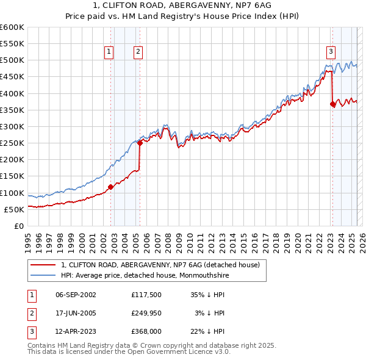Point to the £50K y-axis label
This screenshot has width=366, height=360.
coord(14,209)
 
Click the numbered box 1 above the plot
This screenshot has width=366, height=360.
coord(109,52)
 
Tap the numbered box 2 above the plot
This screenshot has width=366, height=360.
coord(138,52)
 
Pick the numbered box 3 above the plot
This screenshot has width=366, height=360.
coord(331,52)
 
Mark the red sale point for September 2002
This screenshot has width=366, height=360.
coord(111,187)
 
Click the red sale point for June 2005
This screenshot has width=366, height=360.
coord(140,143)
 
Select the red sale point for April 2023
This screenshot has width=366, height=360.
coord(332,104)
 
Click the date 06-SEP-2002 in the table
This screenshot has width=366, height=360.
coord(76,294)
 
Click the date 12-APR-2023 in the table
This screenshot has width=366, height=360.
coord(76,332)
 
